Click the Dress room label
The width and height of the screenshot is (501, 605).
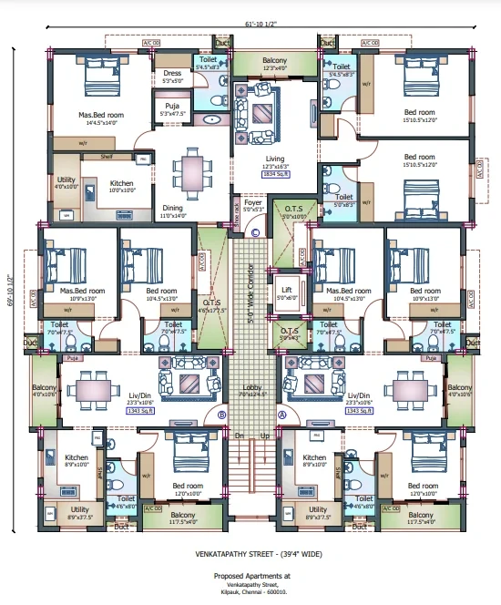tap(172, 74)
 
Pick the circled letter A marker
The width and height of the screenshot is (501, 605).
tap(282, 414)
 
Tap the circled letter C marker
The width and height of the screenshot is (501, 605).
tap(256, 233)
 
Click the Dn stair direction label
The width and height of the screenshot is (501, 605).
tap(239, 436)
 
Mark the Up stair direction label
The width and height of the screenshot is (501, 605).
tap(265, 436)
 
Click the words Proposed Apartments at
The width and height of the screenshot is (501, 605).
tap(251, 576)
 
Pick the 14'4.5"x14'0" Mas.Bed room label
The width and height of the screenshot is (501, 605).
tap(100, 116)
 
